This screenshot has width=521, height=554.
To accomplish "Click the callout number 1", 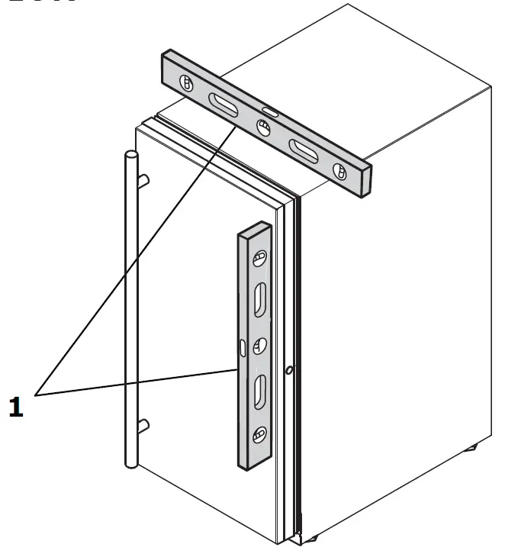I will tap(16, 407).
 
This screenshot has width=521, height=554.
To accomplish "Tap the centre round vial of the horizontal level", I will tap(263, 130).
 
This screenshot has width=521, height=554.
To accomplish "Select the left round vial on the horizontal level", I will tap(185, 83).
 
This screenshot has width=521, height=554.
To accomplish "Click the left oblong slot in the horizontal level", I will tap(224, 105).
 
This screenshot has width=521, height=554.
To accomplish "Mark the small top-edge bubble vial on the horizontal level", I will tap(271, 113).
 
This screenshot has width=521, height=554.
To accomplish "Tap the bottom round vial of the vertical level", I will tap(259, 435).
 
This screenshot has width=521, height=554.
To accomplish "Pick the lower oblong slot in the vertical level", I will tap(259, 391).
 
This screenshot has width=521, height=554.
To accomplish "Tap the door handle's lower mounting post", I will tap(143, 425).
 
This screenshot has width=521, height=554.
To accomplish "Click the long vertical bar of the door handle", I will tap(130, 305).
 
